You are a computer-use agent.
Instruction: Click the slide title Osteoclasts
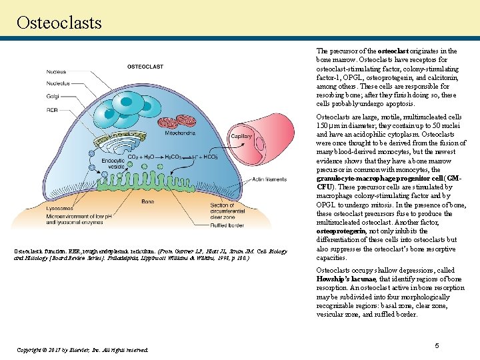[x=59, y=23]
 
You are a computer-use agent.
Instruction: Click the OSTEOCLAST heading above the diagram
[x=145, y=67]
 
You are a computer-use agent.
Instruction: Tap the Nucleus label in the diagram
[x=56, y=72]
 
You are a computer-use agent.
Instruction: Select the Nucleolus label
[x=58, y=83]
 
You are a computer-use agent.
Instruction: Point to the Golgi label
[x=52, y=97]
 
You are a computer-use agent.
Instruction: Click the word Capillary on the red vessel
[x=241, y=136]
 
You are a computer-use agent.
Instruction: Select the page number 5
[x=437, y=345]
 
